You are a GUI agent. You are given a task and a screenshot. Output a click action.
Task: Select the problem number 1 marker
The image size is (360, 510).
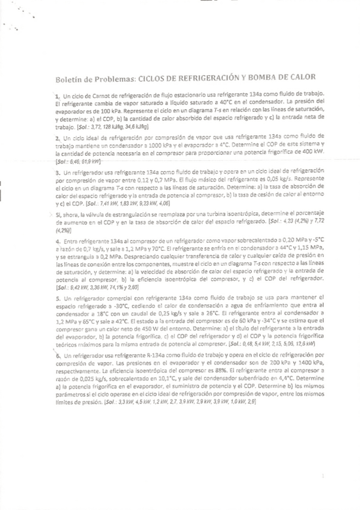point(56,96)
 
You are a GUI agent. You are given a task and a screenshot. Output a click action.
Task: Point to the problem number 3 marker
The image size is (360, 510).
point(56,172)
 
